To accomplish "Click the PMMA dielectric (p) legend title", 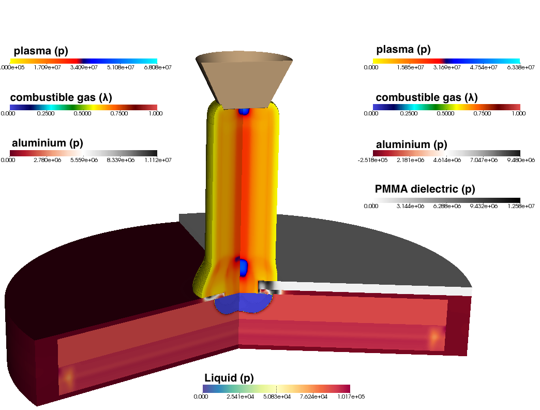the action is [x=425, y=189].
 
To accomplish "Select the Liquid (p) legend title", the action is [x=229, y=378].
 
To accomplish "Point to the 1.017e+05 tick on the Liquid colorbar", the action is [x=351, y=397].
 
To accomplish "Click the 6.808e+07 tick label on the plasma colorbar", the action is [x=158, y=67].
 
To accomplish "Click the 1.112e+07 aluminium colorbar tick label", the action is [x=158, y=160].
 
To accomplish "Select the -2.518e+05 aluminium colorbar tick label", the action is [x=372, y=160].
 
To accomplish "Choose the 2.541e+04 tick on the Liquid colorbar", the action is [x=240, y=397].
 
